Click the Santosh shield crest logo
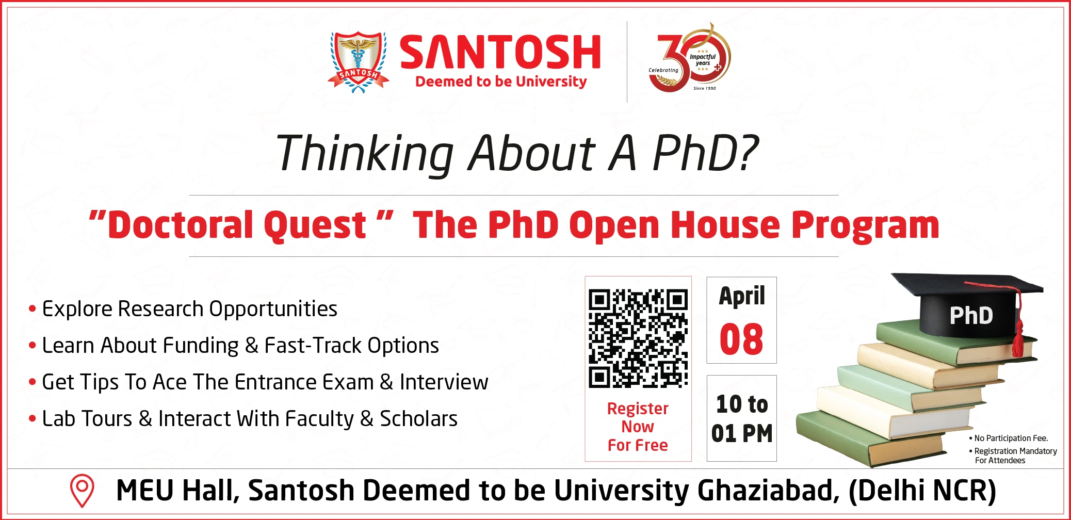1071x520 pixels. pos(359,62)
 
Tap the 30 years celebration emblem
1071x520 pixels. pos(690,57)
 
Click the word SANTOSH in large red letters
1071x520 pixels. pos(500,52)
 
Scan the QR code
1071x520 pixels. pos(638,338)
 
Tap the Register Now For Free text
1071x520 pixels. pos(638,427)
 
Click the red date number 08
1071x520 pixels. pos(741,339)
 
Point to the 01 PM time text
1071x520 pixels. pos(742,433)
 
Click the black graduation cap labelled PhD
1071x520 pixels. pos(968,304)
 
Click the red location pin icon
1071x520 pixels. pos(82,491)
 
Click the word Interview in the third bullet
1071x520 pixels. pos(444,382)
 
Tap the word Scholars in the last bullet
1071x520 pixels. pos(418,418)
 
